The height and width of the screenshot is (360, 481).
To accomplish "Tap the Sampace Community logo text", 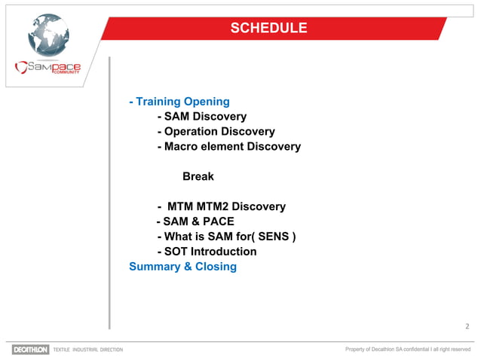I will (x=48, y=68).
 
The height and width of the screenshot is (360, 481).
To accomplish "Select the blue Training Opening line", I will (x=179, y=101).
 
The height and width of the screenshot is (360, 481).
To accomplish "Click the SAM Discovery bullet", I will (x=201, y=116).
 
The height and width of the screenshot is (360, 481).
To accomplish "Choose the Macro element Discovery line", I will (x=228, y=146).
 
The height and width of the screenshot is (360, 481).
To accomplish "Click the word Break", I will (x=198, y=176).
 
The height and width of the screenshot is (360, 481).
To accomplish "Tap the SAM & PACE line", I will (x=195, y=221).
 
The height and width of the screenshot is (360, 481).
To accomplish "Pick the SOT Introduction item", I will (x=207, y=252).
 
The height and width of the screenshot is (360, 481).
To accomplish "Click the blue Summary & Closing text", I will (x=183, y=267).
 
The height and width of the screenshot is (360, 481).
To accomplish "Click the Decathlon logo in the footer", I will (x=30, y=349).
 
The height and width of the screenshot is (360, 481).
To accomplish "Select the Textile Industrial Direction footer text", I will (x=87, y=349).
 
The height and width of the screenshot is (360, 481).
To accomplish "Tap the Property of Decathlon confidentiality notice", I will (x=407, y=349).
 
